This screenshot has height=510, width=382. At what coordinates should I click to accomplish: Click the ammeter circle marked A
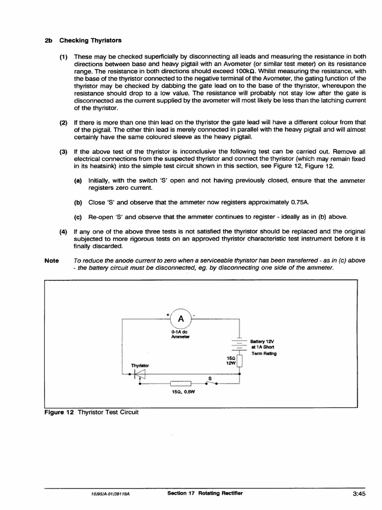[x=181, y=319]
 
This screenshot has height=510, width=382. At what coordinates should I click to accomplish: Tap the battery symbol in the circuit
[x=240, y=344]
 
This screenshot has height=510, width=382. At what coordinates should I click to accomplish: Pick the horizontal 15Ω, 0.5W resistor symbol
[x=180, y=384]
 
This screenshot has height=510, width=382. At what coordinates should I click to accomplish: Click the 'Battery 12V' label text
[x=263, y=342]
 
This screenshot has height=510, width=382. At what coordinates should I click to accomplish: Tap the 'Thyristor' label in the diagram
[x=140, y=365]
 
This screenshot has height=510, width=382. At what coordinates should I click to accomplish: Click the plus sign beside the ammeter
[x=168, y=314]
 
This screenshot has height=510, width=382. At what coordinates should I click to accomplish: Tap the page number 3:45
[x=359, y=494]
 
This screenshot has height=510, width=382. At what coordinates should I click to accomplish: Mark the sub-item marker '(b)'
[x=78, y=203]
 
